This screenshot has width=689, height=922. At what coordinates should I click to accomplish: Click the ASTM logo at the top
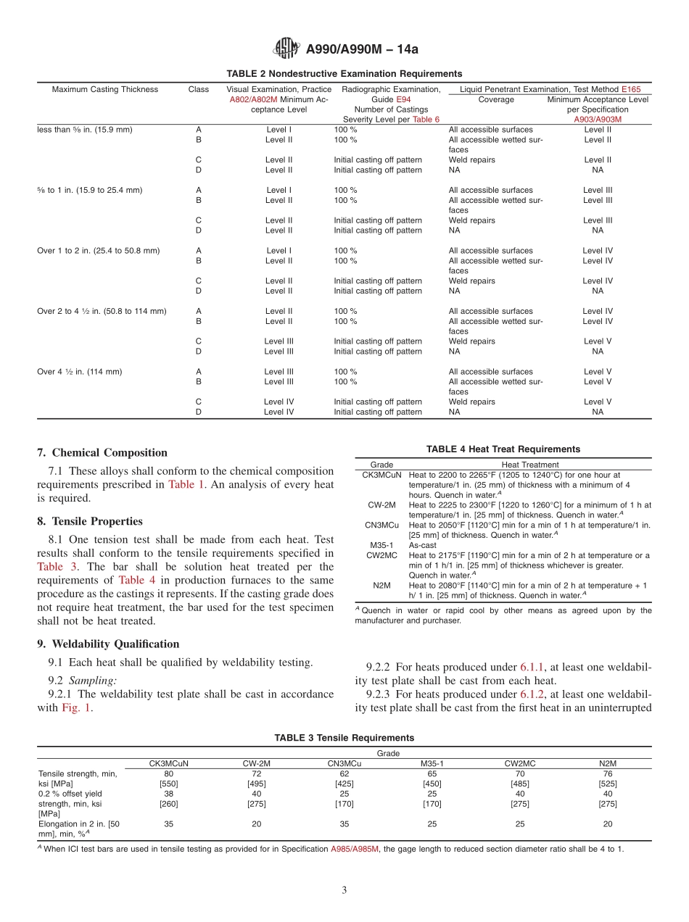pos(286,49)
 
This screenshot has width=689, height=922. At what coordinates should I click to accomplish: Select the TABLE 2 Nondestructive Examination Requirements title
pos(344,74)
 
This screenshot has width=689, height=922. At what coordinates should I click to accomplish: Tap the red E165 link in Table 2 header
pos(631,90)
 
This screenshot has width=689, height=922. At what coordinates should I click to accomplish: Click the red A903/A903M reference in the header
pos(598,120)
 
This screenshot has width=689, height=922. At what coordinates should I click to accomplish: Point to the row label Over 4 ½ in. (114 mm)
pos(80,372)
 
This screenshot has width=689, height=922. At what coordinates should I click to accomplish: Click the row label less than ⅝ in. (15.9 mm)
pos(85,130)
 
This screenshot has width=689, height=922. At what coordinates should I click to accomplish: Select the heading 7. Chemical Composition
pos(102,453)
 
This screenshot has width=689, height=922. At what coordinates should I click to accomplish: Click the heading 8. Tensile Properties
pos(90,521)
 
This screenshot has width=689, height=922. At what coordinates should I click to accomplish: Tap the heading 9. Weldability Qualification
pos(108,644)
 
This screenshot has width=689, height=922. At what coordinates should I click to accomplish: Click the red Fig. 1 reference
pos(76,707)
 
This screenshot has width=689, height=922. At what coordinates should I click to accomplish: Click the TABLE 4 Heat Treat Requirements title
pos(503,449)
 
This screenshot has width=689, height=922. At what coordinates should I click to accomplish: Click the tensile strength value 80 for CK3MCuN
pos(169,773)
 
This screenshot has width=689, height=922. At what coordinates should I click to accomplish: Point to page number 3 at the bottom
pos(344,891)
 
